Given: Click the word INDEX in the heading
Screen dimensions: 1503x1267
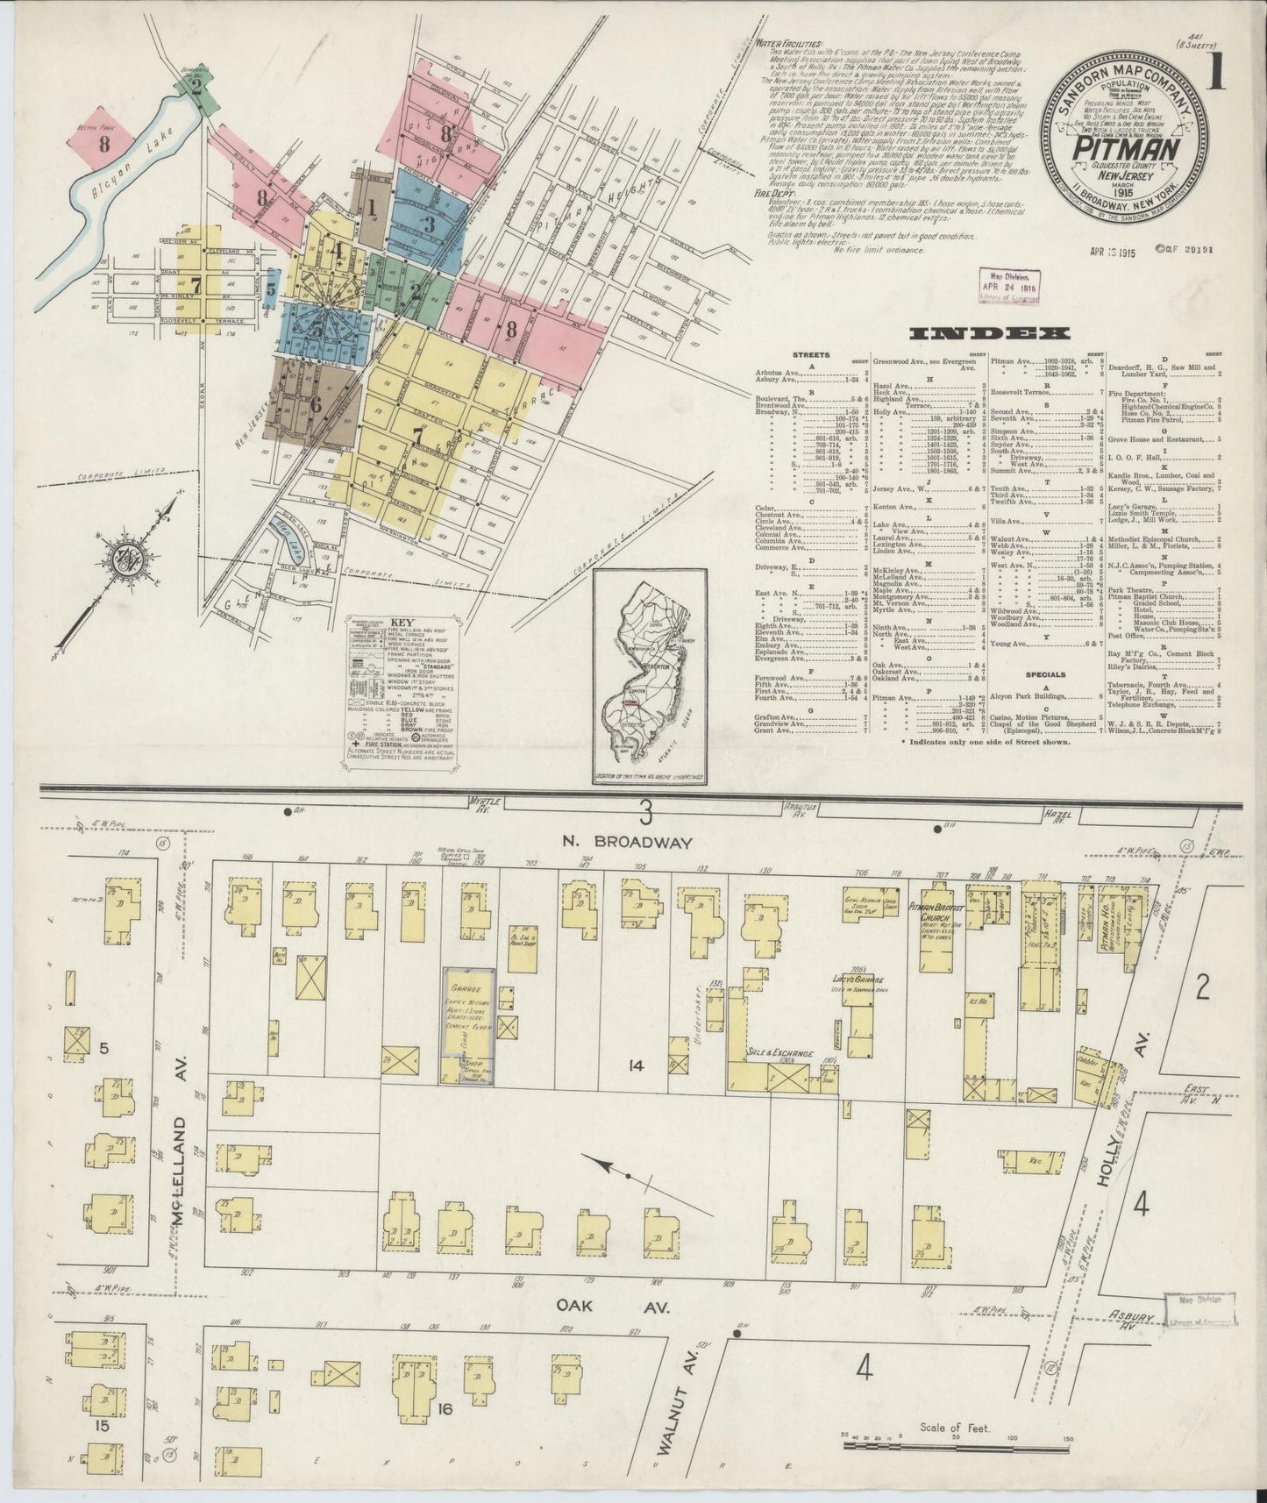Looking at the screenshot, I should [x=989, y=333].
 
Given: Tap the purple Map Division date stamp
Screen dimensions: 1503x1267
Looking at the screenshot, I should [x=1008, y=284].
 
